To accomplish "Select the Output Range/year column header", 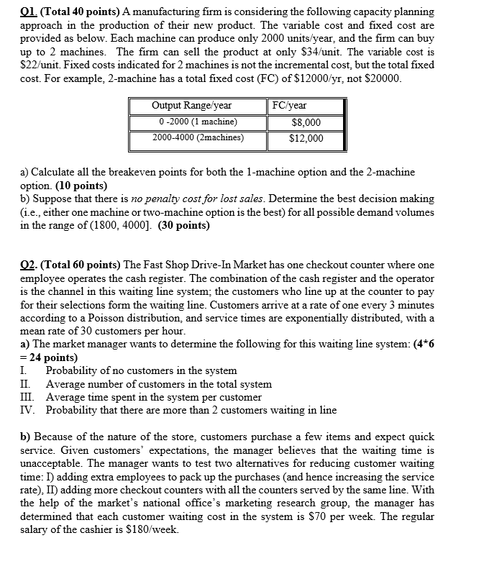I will coord(192,105).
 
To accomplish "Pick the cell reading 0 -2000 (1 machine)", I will coord(195,122).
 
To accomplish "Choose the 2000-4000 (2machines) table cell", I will coord(198,137).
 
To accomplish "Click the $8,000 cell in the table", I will coord(306,122).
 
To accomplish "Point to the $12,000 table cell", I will coord(306,138).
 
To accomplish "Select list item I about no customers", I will coord(141,371).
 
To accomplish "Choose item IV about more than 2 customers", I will coord(191,410).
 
